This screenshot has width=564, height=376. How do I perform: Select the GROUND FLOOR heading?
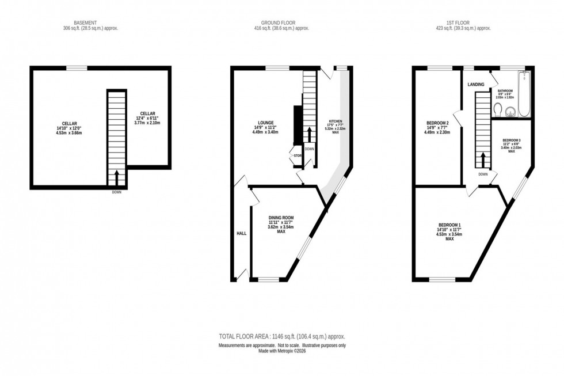tap(282, 23)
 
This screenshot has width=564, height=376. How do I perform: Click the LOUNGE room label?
tap(265, 122)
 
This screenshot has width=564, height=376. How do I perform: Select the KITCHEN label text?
tap(335, 121)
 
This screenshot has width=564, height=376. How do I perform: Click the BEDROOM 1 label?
tap(449, 225)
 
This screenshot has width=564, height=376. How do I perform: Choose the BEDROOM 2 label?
tap(437, 123)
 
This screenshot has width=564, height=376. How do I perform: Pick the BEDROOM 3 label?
tap(511, 140)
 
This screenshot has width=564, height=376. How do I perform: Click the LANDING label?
tap(476, 85)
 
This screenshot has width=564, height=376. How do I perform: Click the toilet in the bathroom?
tap(498, 109)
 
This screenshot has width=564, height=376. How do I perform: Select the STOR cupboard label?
tap(298, 155)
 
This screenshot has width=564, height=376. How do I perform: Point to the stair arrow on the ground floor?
tap(310, 134)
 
